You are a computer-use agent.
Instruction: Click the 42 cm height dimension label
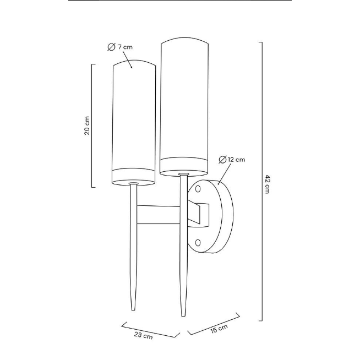(x=267, y=184)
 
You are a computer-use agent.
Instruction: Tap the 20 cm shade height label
(x=87, y=126)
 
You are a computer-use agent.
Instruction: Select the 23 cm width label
(x=143, y=335)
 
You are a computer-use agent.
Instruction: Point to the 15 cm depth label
(x=219, y=329)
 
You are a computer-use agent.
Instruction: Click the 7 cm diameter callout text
(x=126, y=47)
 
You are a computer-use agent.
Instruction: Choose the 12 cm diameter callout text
(x=237, y=159)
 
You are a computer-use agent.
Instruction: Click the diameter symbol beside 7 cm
(x=111, y=47)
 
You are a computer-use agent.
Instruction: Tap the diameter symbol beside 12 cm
(x=222, y=160)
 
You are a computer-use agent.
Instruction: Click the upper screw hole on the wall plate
(x=198, y=189)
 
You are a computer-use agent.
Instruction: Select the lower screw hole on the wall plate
(x=198, y=243)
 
